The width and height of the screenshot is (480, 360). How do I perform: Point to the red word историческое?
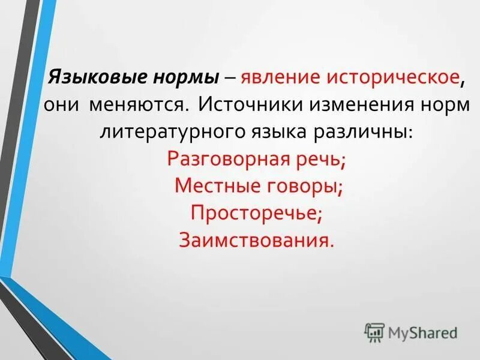pyautogui.click(x=392, y=79)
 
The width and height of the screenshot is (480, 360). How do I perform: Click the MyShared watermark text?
pyautogui.click(x=422, y=332)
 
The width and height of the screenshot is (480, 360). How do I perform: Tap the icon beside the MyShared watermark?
pyautogui.click(x=374, y=332)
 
